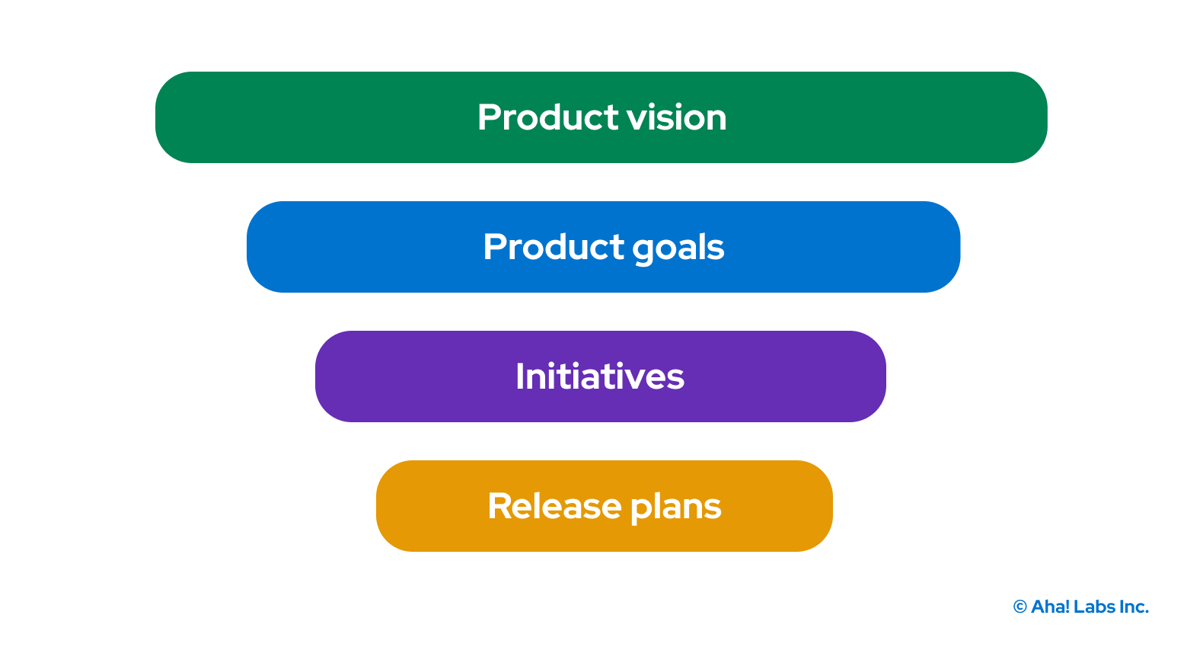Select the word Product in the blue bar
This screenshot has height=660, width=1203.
pos(554,247)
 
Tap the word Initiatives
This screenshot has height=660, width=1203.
pos(600,376)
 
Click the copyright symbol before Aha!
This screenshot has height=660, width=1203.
pos(1020,607)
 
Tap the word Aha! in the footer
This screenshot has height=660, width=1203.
pos(1051,607)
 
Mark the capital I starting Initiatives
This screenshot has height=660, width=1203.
pos(520,376)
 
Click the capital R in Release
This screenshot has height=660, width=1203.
pos(499,506)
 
